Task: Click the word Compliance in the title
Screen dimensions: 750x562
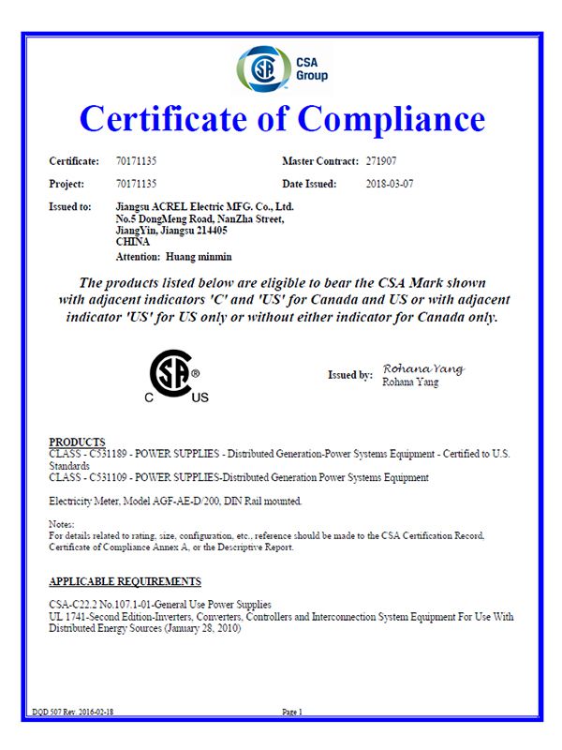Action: [x=392, y=119]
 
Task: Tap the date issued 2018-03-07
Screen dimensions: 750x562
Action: [x=389, y=184]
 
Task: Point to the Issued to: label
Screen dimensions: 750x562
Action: [x=69, y=205]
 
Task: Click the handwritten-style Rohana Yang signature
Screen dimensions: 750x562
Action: [x=423, y=368]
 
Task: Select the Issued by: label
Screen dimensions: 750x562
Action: [x=349, y=375]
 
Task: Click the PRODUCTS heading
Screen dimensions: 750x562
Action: [x=77, y=442]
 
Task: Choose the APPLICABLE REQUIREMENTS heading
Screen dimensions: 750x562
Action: [x=125, y=582]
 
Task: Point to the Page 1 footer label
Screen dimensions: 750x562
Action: [x=291, y=712]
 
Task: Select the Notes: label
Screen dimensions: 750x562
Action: [x=61, y=524]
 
